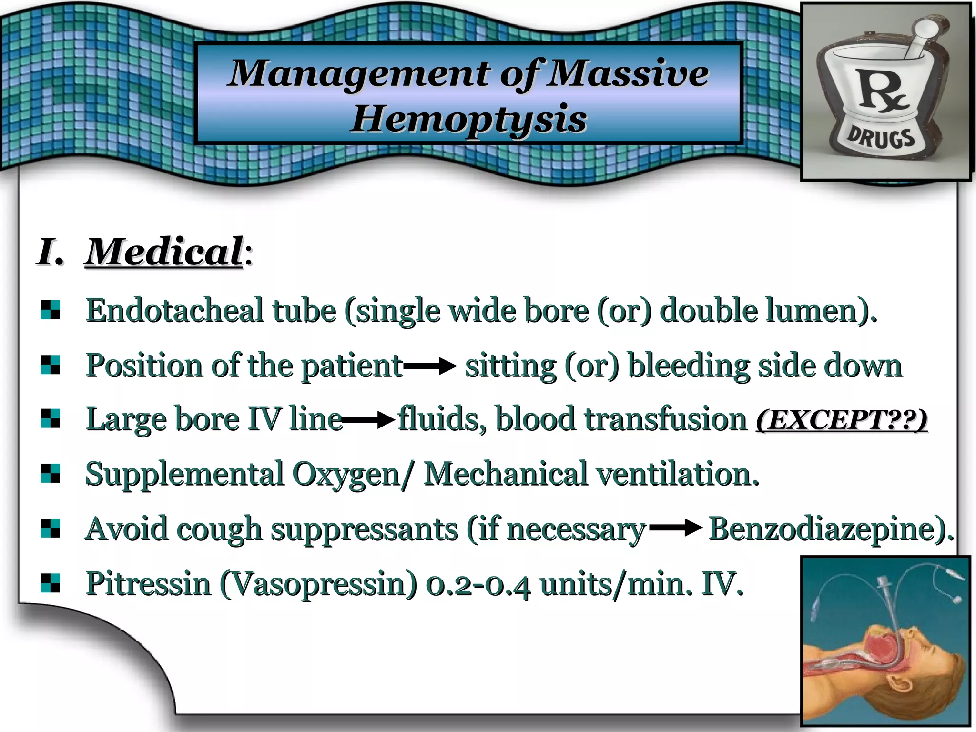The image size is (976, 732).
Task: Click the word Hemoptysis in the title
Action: pos(468,119)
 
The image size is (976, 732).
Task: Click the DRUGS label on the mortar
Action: pos(881,139)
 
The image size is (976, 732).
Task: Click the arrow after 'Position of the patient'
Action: pos(430,366)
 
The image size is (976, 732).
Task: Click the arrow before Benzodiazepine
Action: pos(676,528)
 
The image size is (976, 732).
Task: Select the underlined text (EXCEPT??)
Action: pos(842,420)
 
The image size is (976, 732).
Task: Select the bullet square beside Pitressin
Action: pos(51,583)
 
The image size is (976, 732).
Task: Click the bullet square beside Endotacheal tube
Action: pos(51,310)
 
